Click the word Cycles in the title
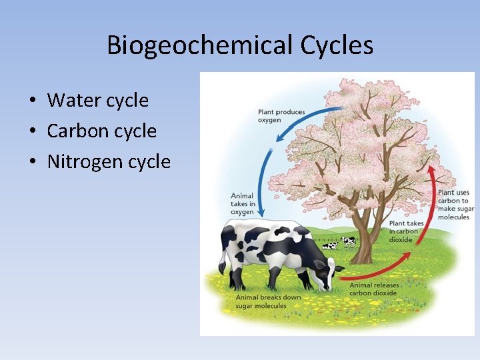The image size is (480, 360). point(337,45)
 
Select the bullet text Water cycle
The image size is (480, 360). point(98,101)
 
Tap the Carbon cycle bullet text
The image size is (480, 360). point(102,131)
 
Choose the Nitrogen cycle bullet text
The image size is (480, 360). point(109,162)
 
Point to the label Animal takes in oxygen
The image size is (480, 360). point(243,204)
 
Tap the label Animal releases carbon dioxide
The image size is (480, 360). point(375,289)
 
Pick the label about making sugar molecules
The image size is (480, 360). point(453,205)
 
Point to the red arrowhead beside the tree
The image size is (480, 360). point(432,169)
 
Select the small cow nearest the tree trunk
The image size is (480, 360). point(348,241)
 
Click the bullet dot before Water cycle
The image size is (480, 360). point(32,101)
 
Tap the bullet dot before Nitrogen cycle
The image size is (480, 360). point(32,163)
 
